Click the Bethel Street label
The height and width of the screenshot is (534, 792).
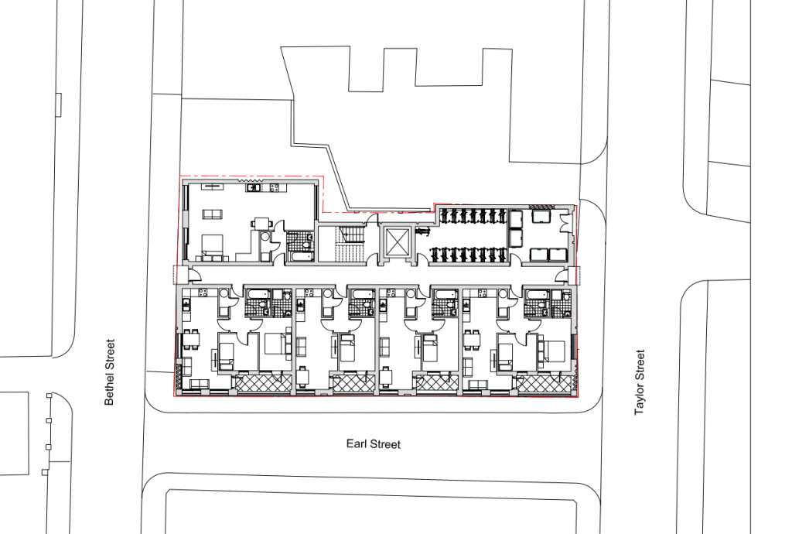[110, 372]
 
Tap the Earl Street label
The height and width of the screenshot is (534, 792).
[374, 444]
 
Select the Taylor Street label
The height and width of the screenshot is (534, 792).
[640, 382]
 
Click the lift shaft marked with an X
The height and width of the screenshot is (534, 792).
[397, 241]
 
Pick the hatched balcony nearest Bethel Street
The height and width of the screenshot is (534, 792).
[262, 382]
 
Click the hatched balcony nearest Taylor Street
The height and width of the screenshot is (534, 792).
[545, 382]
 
